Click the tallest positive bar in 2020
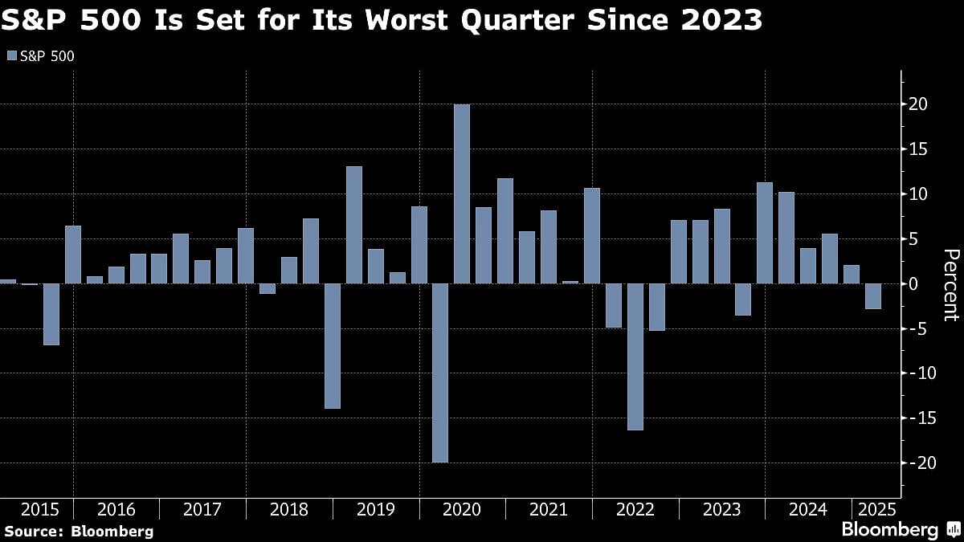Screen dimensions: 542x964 coord(462,194)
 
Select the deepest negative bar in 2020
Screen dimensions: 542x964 coord(440,373)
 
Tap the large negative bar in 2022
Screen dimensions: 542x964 coord(635,357)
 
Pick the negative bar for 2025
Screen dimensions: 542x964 coord(873,296)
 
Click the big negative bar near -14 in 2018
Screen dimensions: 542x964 coord(332,346)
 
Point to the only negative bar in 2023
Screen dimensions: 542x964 coord(743,300)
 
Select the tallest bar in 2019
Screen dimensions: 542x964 coord(354,225)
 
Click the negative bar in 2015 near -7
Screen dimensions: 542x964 coord(51,314)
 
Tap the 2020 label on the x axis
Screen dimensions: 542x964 coord(462,510)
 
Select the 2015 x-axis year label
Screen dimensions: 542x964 coord(39,510)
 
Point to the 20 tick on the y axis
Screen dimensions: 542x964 coord(919,104)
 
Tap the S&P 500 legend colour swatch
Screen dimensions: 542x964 coord(10,55)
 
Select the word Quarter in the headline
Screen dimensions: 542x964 coord(534,19)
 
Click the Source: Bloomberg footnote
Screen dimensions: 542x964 coord(78,531)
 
